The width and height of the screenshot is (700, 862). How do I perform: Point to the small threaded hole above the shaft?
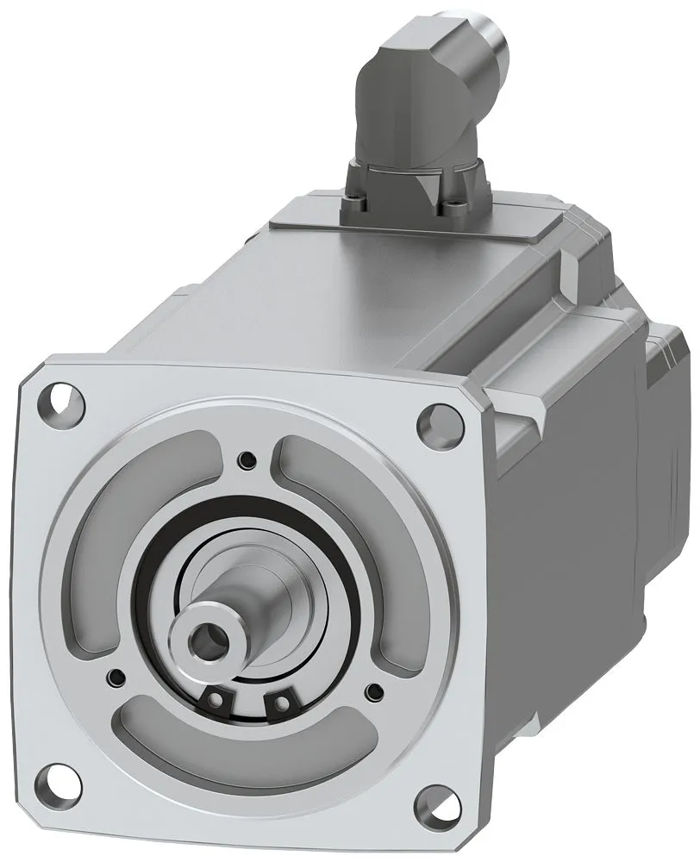[248, 458]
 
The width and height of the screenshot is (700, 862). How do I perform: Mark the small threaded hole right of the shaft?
[373, 690]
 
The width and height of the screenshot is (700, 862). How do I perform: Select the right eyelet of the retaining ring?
[278, 704]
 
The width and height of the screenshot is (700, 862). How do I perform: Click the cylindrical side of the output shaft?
[259, 603]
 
